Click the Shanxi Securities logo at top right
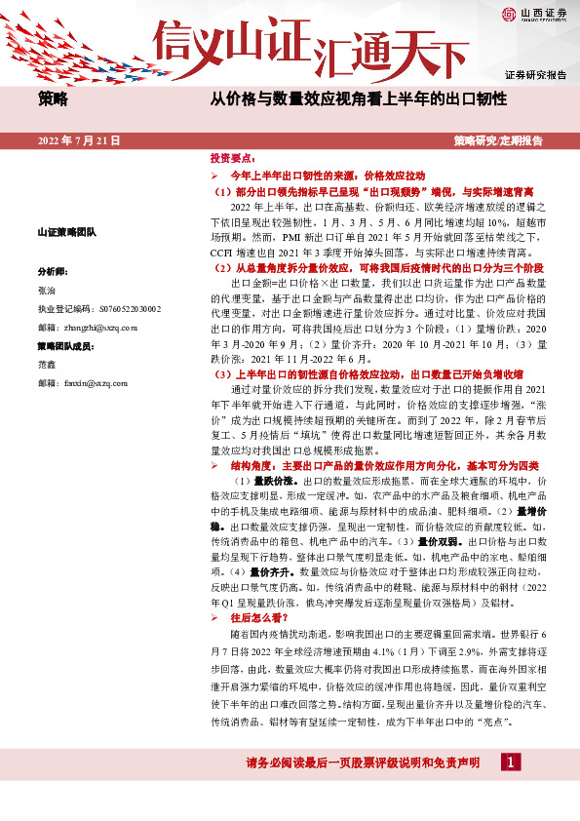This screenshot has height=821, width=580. pyautogui.click(x=533, y=15)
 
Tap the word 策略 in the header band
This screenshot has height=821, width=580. pyautogui.click(x=53, y=98)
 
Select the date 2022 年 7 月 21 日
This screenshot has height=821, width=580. pyautogui.click(x=79, y=140)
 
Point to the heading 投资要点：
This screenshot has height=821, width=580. pyautogui.click(x=232, y=157)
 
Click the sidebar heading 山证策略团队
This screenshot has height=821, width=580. pyautogui.click(x=66, y=232)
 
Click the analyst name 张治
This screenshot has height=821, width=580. pyautogui.click(x=47, y=290)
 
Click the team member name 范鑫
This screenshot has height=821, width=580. pyautogui.click(x=47, y=366)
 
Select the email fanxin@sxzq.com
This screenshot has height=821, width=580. pyautogui.click(x=86, y=384)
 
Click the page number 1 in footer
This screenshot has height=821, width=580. pyautogui.click(x=509, y=761)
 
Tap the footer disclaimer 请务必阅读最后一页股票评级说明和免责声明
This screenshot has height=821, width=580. pyautogui.click(x=363, y=762)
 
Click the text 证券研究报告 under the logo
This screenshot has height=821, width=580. pyautogui.click(x=535, y=74)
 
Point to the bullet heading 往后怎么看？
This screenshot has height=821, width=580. pyautogui.click(x=258, y=617)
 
